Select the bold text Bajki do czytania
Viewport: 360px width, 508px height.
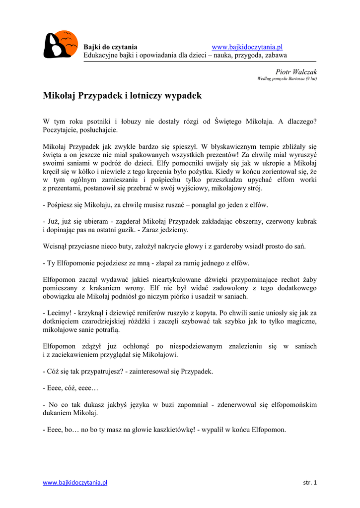click(x=110, y=47)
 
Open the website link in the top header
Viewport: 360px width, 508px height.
click(x=247, y=47)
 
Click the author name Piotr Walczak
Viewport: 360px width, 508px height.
click(x=296, y=72)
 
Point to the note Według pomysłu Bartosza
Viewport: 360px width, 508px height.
click(x=287, y=79)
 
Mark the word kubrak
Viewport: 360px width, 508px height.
click(x=306, y=221)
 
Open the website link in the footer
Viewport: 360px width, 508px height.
click(x=75, y=483)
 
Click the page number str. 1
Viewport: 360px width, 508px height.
click(x=309, y=483)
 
